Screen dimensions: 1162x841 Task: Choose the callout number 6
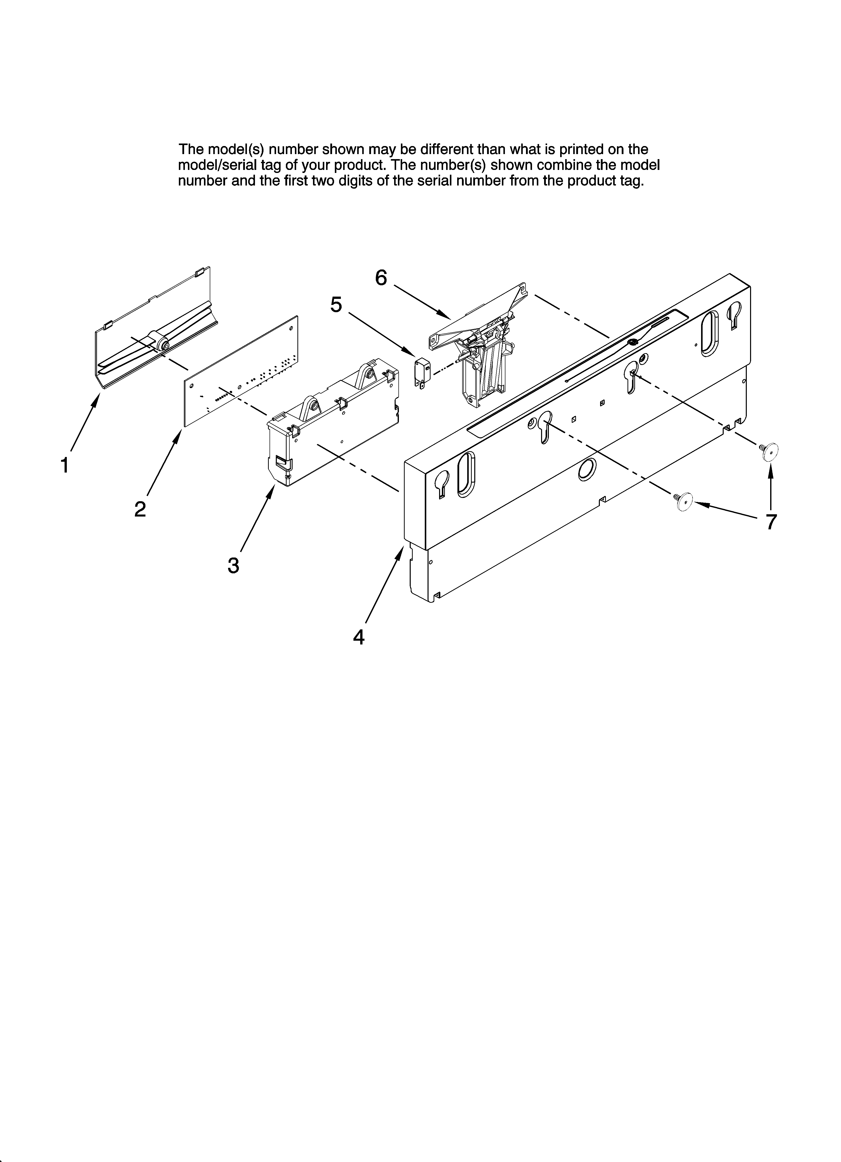click(x=381, y=278)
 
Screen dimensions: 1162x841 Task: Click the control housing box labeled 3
click(x=333, y=420)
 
